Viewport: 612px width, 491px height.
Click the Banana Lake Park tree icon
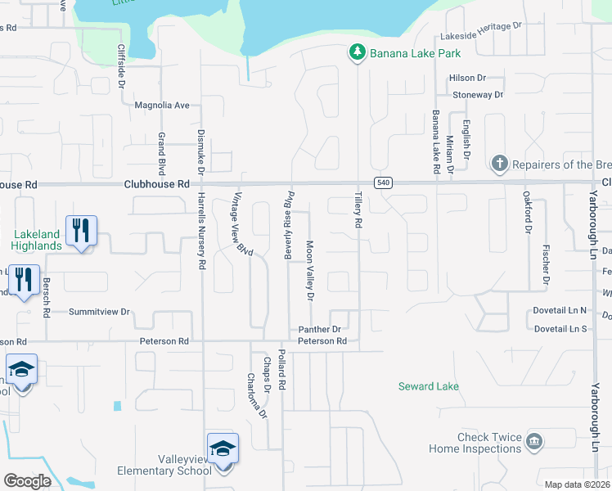pyautogui.click(x=357, y=53)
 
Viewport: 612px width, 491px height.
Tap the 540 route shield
pyautogui.click(x=382, y=182)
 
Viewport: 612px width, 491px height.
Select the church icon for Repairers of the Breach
pyautogui.click(x=499, y=164)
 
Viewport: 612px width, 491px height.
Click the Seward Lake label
pyautogui.click(x=428, y=386)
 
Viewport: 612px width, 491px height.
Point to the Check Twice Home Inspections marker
pyautogui.click(x=533, y=442)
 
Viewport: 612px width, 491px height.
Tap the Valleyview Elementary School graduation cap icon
pyautogui.click(x=223, y=448)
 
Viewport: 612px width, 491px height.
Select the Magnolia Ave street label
pyautogui.click(x=161, y=105)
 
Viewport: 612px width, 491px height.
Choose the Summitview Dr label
pyautogui.click(x=100, y=312)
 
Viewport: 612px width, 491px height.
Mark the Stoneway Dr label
pyautogui.click(x=478, y=95)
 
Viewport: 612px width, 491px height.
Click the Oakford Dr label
pyautogui.click(x=528, y=214)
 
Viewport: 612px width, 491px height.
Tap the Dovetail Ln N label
pyautogui.click(x=560, y=311)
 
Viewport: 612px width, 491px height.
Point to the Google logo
pyautogui.click(x=27, y=480)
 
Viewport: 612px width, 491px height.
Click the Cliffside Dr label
pyautogui.click(x=120, y=66)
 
